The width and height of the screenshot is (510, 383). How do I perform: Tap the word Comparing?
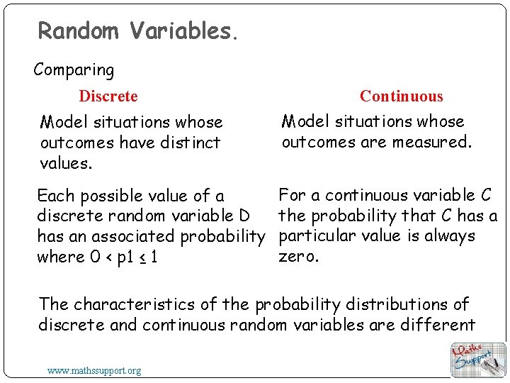74,70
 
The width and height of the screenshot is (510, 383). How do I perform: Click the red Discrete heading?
108,96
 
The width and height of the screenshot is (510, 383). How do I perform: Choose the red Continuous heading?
401,96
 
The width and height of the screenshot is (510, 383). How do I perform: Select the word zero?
299,256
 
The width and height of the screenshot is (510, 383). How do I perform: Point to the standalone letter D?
245,216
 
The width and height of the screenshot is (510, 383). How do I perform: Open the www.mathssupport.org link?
94,370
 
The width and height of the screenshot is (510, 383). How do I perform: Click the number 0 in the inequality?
94,257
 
